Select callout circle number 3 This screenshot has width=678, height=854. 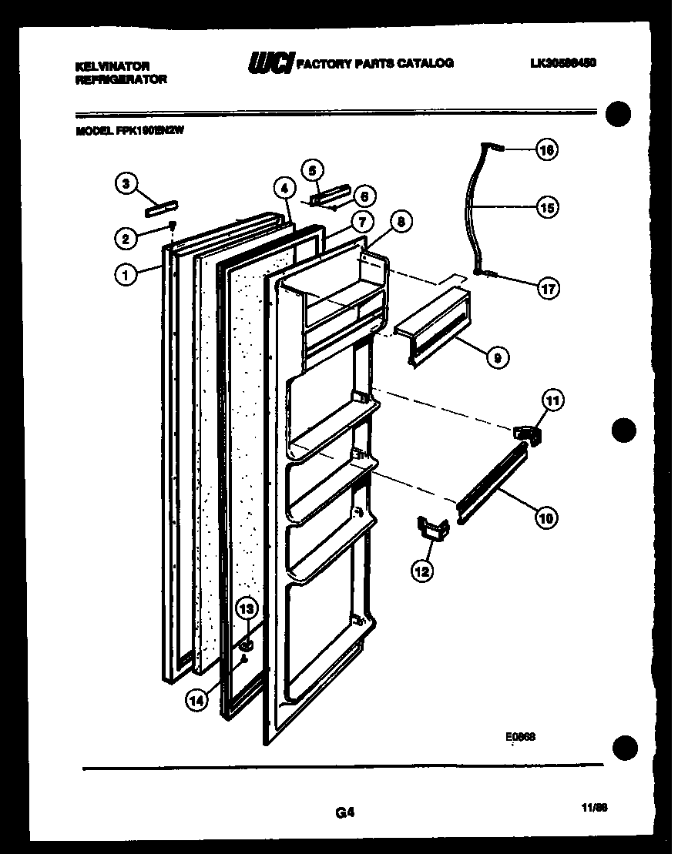click(126, 183)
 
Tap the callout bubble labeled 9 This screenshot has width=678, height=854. click(498, 357)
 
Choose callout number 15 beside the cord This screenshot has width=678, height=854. click(548, 207)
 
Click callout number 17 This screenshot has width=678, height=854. click(548, 289)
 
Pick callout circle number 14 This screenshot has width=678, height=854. click(196, 699)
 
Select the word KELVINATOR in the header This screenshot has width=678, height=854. click(112, 66)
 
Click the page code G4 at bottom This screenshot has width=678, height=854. click(344, 811)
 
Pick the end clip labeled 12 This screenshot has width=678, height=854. click(434, 528)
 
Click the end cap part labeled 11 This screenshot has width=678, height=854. click(527, 434)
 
